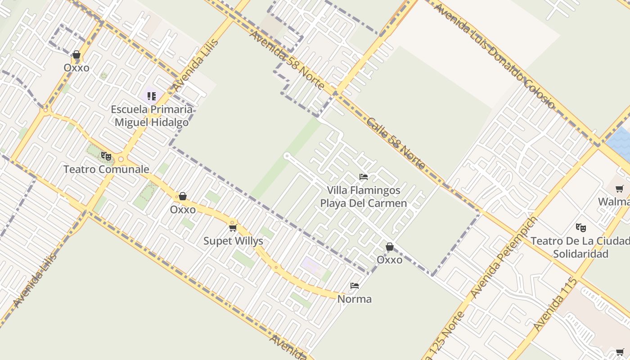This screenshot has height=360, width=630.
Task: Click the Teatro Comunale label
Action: (106, 170)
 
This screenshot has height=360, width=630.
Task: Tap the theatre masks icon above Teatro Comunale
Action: (106, 156)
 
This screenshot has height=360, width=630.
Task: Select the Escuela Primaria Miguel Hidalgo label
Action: (152, 116)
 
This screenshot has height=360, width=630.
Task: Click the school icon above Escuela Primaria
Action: (152, 96)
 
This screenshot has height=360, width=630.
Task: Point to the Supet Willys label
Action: (233, 241)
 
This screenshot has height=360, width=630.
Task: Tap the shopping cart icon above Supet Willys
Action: (233, 228)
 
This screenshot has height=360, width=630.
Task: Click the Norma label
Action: (355, 299)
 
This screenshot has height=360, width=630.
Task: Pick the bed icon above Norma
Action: (355, 286)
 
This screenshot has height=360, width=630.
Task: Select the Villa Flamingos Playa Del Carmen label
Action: (364, 197)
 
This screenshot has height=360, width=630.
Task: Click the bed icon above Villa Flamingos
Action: (364, 177)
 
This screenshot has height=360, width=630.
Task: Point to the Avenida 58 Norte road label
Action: (287, 60)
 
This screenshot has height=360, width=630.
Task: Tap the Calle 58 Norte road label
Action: (396, 143)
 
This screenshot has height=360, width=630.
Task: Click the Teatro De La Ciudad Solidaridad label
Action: (580, 247)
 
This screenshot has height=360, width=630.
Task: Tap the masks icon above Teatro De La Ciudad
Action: (580, 228)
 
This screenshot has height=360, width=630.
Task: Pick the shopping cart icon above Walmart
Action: (620, 189)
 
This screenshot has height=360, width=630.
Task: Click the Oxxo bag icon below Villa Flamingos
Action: (390, 247)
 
